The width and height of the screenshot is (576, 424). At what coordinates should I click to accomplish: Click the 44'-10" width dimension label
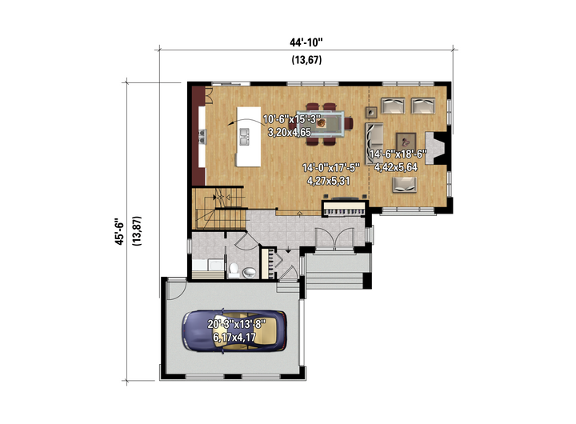tap(306, 42)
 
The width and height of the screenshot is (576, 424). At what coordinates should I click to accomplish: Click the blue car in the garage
tap(234, 331)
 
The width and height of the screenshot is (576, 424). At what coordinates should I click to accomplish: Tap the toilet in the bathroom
tap(234, 270)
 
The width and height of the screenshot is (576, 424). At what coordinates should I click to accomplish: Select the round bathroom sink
tap(249, 272)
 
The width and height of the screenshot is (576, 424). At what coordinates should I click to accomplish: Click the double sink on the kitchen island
tap(244, 136)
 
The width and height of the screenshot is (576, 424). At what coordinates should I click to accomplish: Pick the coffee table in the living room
tap(406, 142)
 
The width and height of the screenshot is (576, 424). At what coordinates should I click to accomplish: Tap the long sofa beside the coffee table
tap(374, 143)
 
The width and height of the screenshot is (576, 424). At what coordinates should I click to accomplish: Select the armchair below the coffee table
tap(405, 185)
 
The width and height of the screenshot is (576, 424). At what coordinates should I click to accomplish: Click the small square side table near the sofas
tap(371, 112)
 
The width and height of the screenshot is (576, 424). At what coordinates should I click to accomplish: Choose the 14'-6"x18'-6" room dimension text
tap(398, 154)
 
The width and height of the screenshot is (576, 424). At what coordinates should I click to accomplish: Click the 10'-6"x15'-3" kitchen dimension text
tap(292, 119)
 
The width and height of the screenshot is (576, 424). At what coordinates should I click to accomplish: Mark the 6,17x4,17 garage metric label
tap(234, 337)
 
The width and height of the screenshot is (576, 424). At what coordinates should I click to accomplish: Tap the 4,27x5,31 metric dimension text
tap(329, 181)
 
